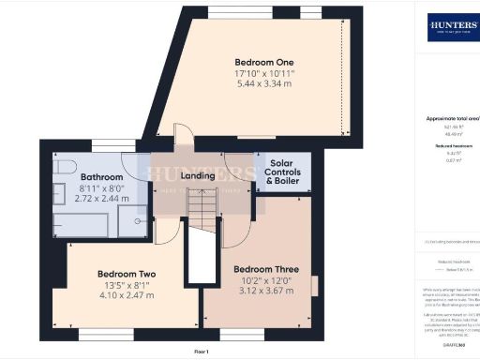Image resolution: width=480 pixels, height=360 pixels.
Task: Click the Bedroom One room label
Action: (x=255, y=62)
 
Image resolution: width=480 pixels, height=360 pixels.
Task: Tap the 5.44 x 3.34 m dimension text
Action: (x=255, y=84)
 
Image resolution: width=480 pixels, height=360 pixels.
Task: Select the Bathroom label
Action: (x=101, y=176)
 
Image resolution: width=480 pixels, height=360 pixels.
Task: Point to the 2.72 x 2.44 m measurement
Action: (x=101, y=199)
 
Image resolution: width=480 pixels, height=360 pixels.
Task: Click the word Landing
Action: (x=198, y=175)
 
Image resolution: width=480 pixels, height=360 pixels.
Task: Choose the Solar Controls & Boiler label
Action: (x=282, y=172)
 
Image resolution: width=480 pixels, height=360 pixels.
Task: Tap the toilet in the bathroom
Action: (x=61, y=167)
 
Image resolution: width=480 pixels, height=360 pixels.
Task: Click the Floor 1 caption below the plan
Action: (x=201, y=350)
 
